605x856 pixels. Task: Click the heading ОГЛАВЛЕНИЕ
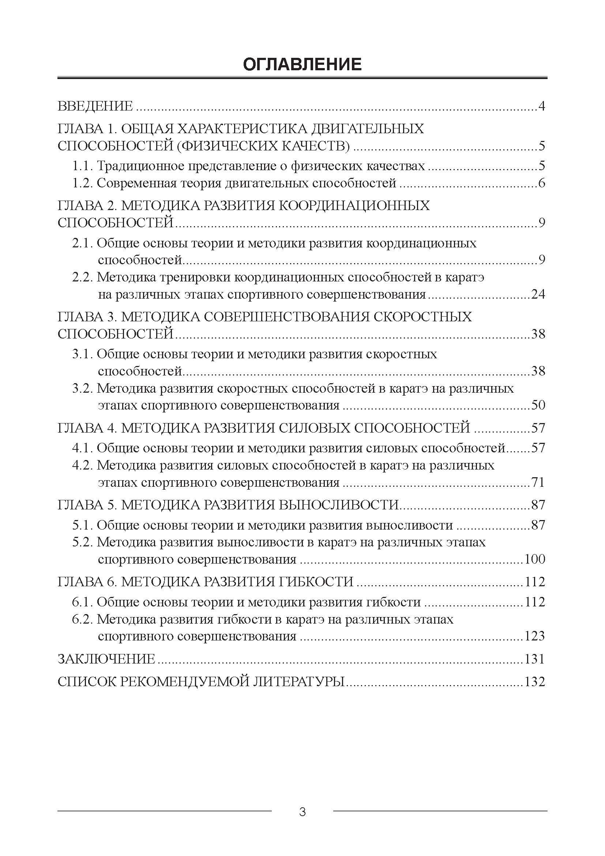302,64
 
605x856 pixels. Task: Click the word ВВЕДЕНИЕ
95,106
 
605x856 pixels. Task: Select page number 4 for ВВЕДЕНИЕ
542,106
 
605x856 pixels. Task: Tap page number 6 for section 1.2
542,183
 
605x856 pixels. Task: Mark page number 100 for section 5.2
535,559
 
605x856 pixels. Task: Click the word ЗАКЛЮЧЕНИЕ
106,659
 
